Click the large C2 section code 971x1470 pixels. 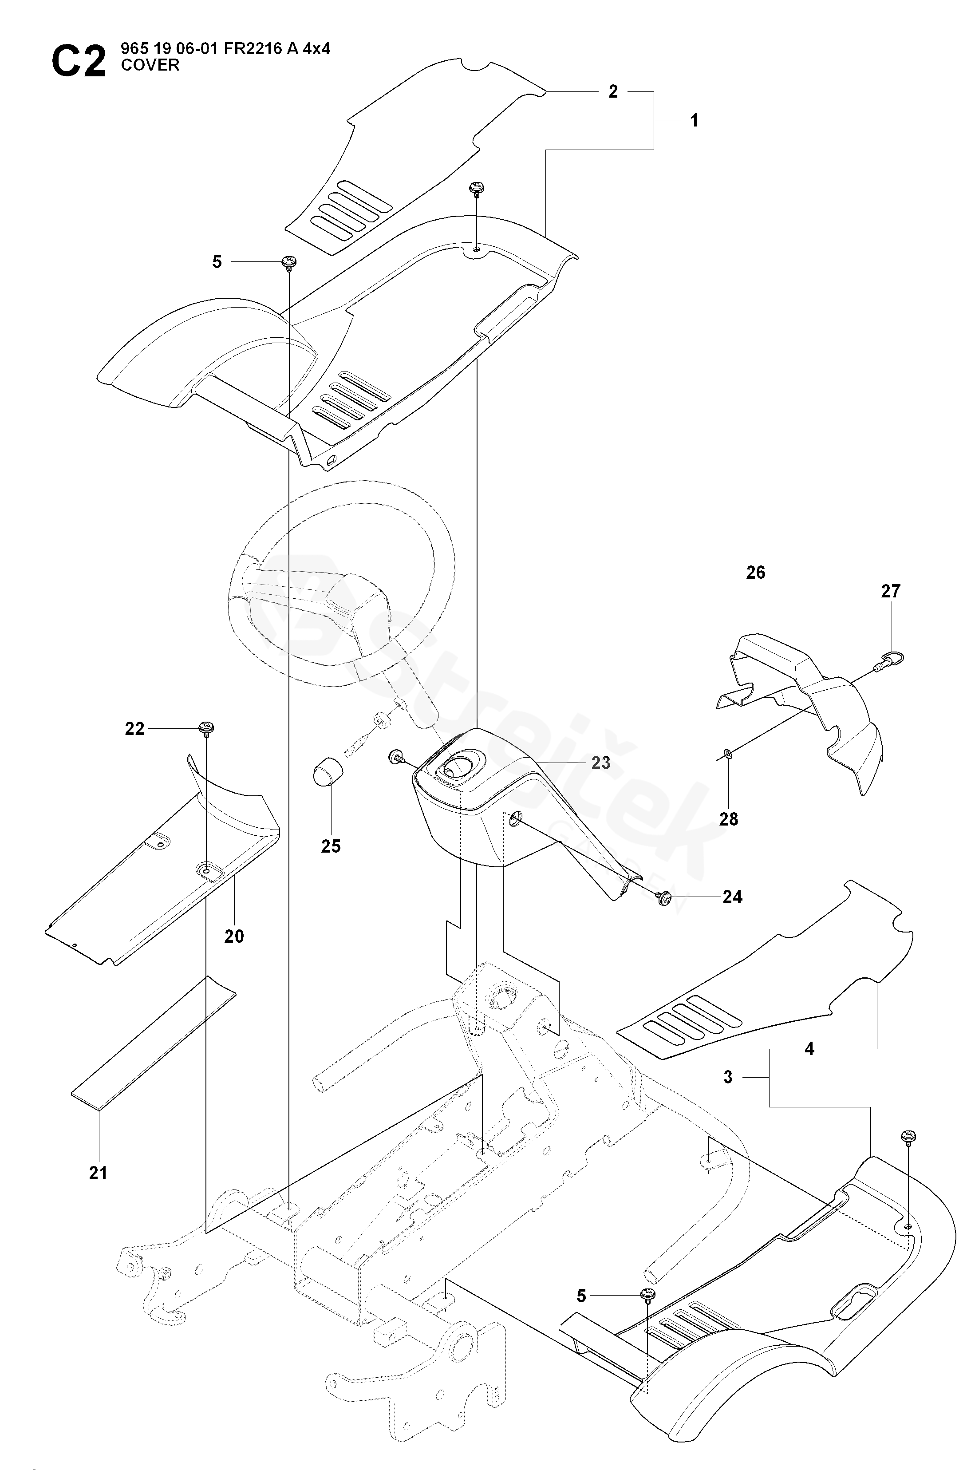(79, 62)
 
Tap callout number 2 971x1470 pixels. (613, 91)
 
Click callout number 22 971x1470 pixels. (134, 729)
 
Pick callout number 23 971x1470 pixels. (601, 763)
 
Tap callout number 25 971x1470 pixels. (331, 846)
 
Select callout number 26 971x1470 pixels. (755, 572)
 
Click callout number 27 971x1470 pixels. (891, 591)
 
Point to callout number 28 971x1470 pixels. (729, 819)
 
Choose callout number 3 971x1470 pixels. (728, 1077)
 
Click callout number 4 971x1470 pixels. (809, 1048)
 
